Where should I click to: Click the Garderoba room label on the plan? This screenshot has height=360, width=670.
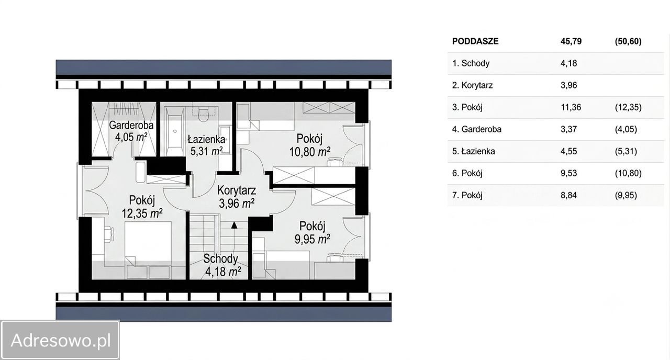(131, 125)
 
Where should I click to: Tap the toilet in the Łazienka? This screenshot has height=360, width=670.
(204, 114)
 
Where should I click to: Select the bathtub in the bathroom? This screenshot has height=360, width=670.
(175, 131)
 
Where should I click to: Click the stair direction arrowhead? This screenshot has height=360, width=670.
(234, 225)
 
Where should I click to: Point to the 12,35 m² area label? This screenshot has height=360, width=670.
(142, 213)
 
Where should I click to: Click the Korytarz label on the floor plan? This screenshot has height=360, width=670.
(236, 190)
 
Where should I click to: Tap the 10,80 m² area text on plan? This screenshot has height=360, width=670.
(309, 152)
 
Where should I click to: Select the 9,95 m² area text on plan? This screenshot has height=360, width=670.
(312, 239)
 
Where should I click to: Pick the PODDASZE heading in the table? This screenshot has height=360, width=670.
(475, 41)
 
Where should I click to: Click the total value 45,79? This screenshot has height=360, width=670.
(571, 41)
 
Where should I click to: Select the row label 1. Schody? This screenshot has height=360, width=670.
(471, 63)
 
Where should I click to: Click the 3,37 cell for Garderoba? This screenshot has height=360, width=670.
(568, 129)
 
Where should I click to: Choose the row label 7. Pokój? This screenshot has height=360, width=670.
(467, 195)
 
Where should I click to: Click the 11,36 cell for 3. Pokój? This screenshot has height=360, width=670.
(571, 107)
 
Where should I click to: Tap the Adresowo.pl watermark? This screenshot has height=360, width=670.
(61, 340)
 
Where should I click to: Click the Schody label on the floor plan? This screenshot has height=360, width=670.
(221, 258)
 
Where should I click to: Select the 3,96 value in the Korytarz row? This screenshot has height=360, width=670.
(568, 85)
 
